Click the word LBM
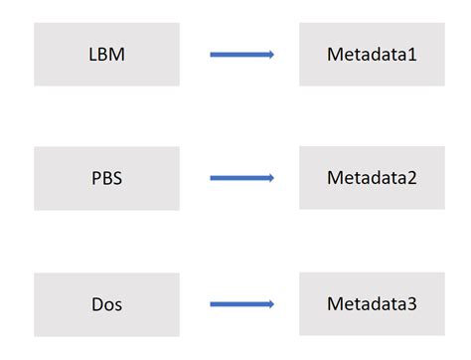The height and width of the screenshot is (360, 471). point(106,55)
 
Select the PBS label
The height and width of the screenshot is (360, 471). point(106,179)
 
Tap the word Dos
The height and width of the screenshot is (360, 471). point(106,304)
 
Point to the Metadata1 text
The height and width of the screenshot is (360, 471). point(372,55)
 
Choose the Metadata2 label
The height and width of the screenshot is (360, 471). point(372,179)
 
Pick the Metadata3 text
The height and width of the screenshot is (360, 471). point(372,304)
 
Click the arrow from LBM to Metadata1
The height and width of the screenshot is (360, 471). point(241,55)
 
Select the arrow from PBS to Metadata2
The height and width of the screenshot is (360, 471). point(241,178)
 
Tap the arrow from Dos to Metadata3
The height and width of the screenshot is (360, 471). point(241,304)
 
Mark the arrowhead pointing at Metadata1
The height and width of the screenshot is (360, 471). point(269,55)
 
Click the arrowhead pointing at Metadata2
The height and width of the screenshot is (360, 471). point(269,178)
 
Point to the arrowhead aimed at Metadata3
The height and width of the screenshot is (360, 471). point(269,304)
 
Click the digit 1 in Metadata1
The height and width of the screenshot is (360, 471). point(411,55)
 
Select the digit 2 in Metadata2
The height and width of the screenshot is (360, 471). point(411,179)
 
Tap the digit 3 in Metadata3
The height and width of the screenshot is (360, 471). point(411,304)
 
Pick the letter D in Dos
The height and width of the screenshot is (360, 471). point(95,304)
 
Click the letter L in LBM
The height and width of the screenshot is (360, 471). point(92,55)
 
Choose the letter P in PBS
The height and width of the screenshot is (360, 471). point(94,179)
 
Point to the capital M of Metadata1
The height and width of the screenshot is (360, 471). point(334,55)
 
